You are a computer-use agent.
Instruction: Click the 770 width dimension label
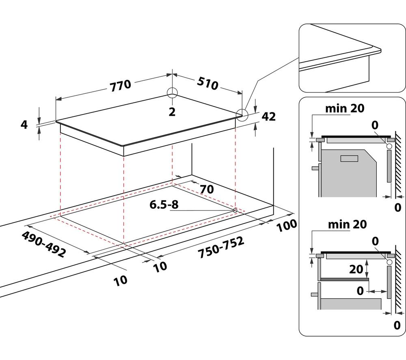(121, 85)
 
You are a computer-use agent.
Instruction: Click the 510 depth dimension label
(207, 83)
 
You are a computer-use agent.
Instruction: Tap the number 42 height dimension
(268, 117)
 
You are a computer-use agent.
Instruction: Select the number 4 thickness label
(24, 125)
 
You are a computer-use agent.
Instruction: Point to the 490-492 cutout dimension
(43, 244)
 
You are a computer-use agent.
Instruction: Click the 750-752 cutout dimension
(221, 247)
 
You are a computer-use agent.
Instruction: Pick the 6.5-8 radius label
(164, 205)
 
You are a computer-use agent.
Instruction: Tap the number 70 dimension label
(207, 189)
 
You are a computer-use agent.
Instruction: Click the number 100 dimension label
(287, 226)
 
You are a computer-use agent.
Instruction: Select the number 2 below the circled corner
(172, 112)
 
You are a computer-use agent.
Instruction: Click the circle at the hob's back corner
(172, 93)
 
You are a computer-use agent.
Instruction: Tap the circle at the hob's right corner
(242, 114)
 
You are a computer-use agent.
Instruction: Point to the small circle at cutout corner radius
(235, 210)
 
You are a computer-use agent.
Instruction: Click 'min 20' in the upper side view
(345, 108)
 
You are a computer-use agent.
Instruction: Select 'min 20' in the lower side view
(347, 224)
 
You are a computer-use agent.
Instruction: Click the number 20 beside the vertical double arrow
(356, 269)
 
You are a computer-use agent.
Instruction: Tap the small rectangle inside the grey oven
(349, 158)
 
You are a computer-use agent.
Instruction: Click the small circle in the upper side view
(389, 146)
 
